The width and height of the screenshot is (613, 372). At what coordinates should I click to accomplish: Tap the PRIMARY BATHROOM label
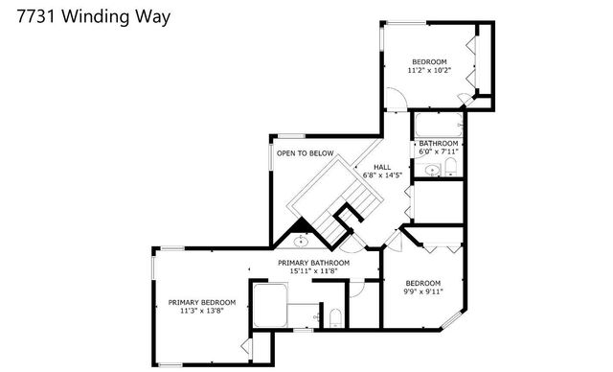(314, 263)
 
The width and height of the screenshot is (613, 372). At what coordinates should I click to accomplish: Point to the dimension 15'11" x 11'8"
(314, 272)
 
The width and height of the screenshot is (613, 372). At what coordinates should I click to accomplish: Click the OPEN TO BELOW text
(305, 153)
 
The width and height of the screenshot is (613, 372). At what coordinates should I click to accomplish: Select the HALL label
(381, 166)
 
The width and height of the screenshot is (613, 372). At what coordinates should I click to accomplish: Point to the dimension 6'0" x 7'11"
(439, 151)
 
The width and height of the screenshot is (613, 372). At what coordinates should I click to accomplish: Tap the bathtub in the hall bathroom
(437, 124)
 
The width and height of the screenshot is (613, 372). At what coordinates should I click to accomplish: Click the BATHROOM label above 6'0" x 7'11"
(439, 142)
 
